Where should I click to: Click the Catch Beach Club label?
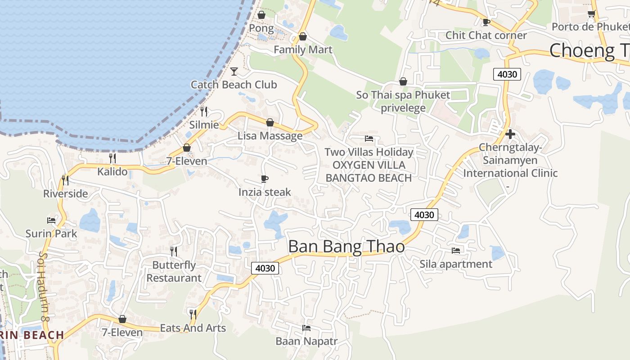pyautogui.click(x=234, y=85)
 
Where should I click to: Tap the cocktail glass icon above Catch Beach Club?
pyautogui.click(x=234, y=71)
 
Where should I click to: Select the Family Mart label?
pyautogui.click(x=303, y=49)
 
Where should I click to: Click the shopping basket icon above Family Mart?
pyautogui.click(x=303, y=36)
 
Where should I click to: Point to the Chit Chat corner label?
pyautogui.click(x=486, y=35)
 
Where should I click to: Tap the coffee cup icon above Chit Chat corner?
pyautogui.click(x=486, y=22)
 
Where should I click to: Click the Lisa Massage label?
pyautogui.click(x=270, y=136)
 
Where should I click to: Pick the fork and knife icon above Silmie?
pyautogui.click(x=204, y=111)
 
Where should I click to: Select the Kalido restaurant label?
pyautogui.click(x=112, y=171)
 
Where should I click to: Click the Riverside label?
pyautogui.click(x=66, y=193)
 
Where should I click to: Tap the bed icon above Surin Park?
pyautogui.click(x=51, y=220)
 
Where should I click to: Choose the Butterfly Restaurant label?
pyautogui.click(x=174, y=271)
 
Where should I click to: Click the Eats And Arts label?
pyautogui.click(x=193, y=328)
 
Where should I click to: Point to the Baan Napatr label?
pyautogui.click(x=306, y=341)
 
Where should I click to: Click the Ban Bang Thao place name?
pyautogui.click(x=346, y=247)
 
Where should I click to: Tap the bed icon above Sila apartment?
pyautogui.click(x=456, y=250)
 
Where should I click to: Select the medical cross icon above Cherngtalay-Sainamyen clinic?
pyautogui.click(x=510, y=134)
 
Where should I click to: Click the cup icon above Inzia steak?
pyautogui.click(x=265, y=179)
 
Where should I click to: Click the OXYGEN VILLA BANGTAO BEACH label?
pyautogui.click(x=369, y=171)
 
